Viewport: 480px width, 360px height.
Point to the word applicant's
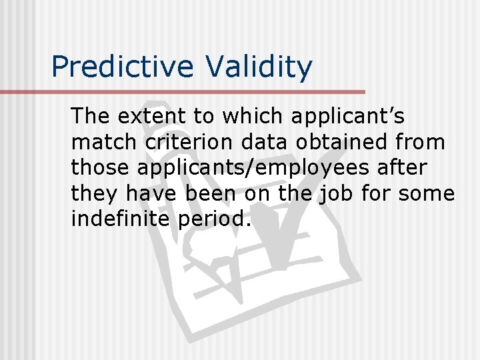pos(347,116)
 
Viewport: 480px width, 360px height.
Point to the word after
pos(403,168)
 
